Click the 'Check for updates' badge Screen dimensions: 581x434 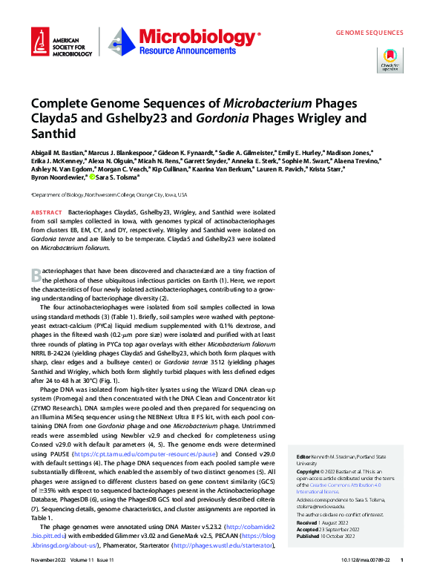pos(389,59)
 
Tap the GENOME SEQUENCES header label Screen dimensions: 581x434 pos(369,33)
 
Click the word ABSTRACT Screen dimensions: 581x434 pos(47,213)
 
